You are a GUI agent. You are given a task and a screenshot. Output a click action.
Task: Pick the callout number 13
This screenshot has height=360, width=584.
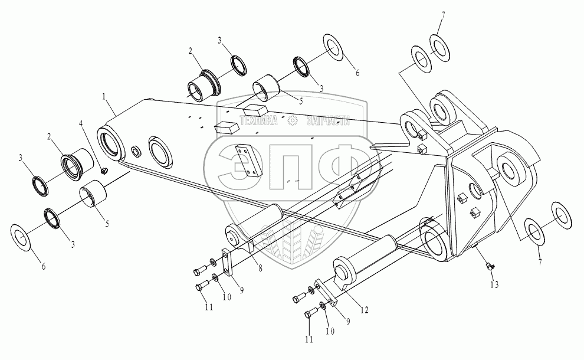pos(494,284)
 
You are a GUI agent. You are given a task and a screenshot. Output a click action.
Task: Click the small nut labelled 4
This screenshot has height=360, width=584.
pos(103,171)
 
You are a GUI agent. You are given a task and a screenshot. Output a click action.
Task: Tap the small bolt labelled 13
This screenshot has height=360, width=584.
pos(488,267)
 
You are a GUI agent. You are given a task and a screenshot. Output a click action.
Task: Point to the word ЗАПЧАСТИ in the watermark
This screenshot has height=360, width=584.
pos(327,120)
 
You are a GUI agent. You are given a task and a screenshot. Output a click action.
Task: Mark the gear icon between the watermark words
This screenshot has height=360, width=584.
pos(292,120)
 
